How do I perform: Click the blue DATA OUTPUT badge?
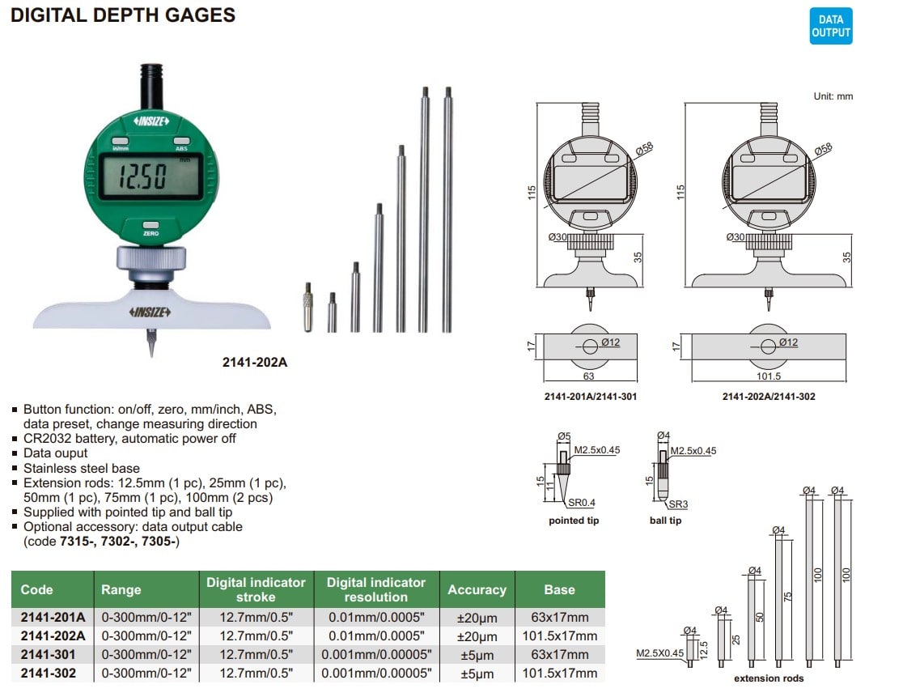[x=830, y=26]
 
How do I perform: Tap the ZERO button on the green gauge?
[x=150, y=225]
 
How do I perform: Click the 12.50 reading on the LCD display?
[x=142, y=176]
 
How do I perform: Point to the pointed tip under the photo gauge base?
[x=151, y=342]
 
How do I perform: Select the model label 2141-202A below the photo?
[x=255, y=363]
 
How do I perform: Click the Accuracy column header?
[x=477, y=590]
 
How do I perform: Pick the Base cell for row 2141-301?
[x=560, y=654]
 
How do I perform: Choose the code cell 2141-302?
[x=49, y=673]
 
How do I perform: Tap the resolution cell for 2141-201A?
[x=376, y=618]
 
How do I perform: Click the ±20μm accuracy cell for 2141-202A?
[x=477, y=636]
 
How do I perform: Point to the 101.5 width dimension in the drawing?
[x=769, y=376]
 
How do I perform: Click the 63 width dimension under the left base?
[x=588, y=376]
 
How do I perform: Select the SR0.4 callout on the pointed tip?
[x=582, y=503]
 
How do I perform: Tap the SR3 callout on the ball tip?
[x=678, y=504]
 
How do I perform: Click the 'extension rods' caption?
[x=769, y=678]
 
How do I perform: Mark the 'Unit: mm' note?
[x=833, y=96]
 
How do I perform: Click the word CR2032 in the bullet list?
[x=47, y=439]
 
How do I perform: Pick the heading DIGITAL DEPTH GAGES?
[x=123, y=15]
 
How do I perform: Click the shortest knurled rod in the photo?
[x=308, y=307]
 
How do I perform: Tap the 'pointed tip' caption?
[x=574, y=521]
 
